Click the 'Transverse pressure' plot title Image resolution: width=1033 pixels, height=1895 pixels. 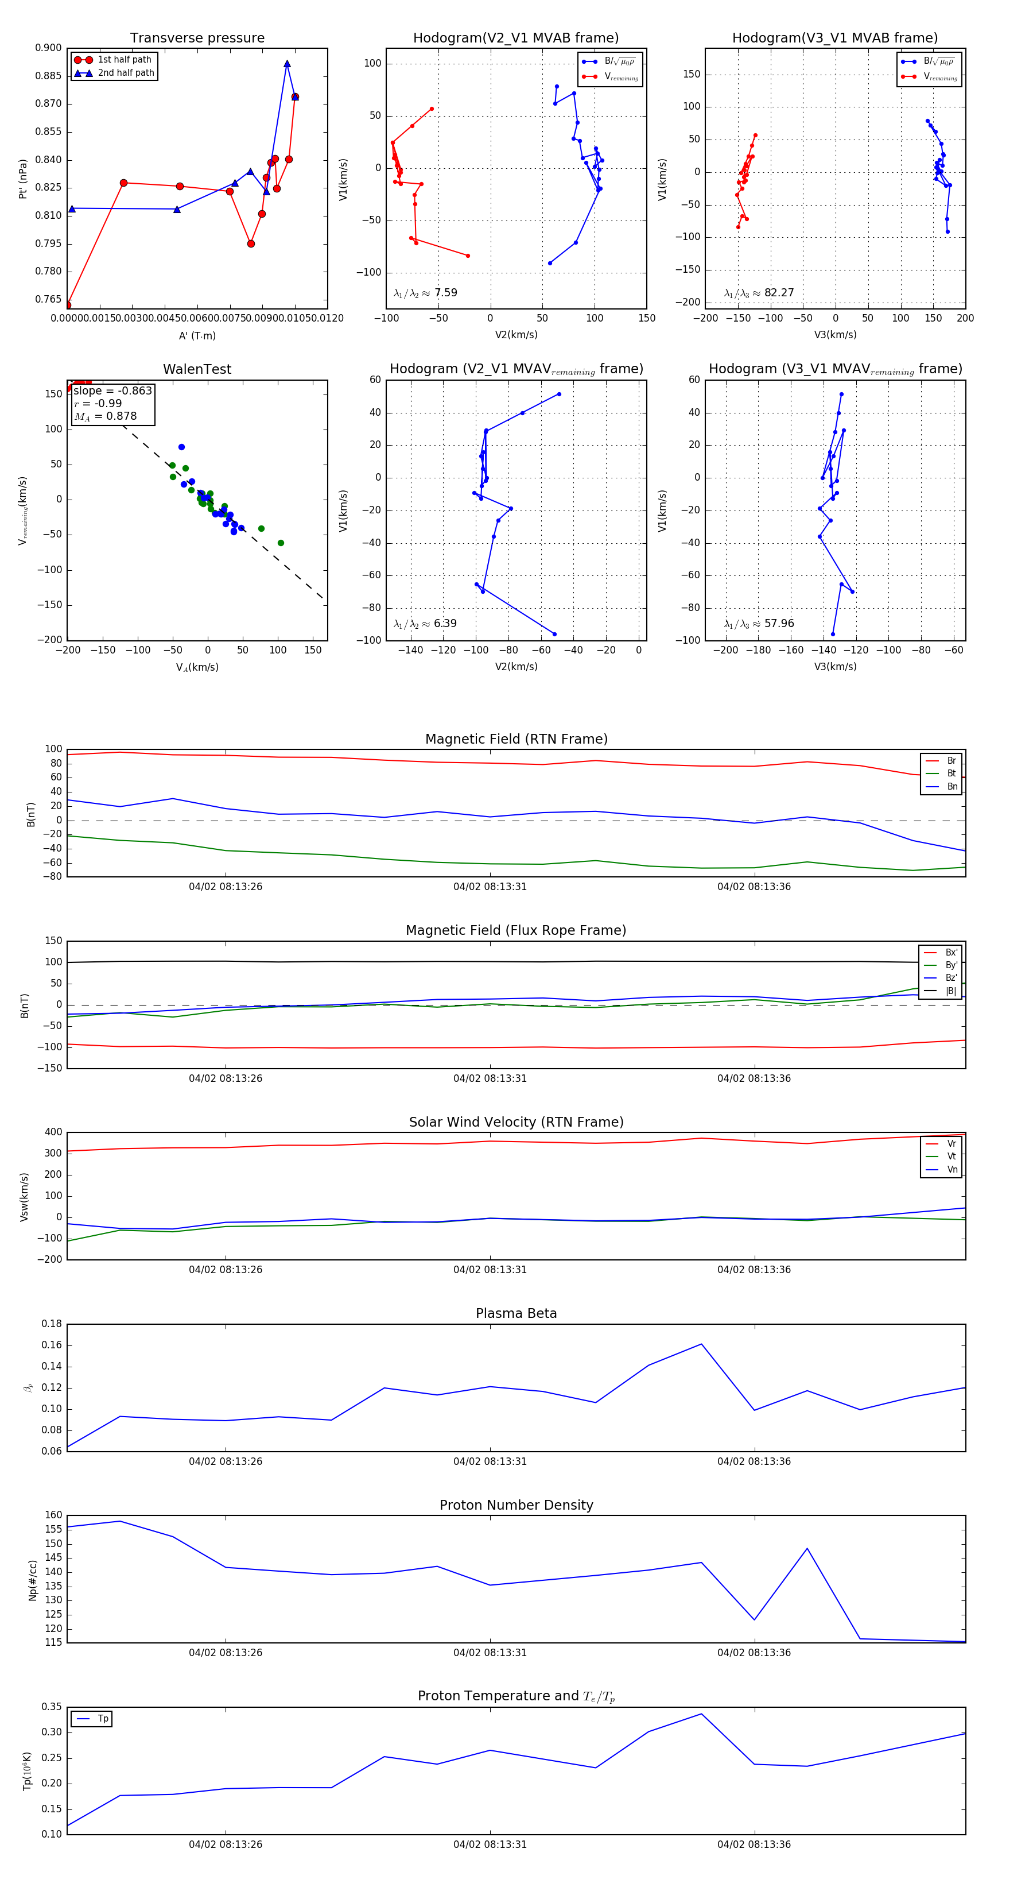tap(197, 38)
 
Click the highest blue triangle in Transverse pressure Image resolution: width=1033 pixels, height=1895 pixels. tap(287, 64)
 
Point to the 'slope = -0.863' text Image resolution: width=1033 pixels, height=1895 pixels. tap(112, 390)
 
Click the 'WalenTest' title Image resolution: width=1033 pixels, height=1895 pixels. tap(197, 369)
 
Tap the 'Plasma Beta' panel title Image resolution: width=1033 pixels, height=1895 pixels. tap(516, 1313)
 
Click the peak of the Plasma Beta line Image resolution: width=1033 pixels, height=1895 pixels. tap(701, 1344)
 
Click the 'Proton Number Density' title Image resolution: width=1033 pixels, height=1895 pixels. tap(516, 1505)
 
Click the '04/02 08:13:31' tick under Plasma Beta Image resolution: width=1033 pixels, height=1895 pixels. tap(490, 1461)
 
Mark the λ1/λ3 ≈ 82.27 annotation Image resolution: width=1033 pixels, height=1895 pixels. tap(759, 293)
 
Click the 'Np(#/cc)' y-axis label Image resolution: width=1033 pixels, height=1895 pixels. tap(32, 1580)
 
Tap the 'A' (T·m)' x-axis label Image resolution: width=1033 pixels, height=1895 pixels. tap(197, 335)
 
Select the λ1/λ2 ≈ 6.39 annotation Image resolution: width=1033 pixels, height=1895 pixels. tap(425, 624)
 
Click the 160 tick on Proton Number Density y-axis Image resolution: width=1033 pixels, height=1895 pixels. tap(54, 1515)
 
